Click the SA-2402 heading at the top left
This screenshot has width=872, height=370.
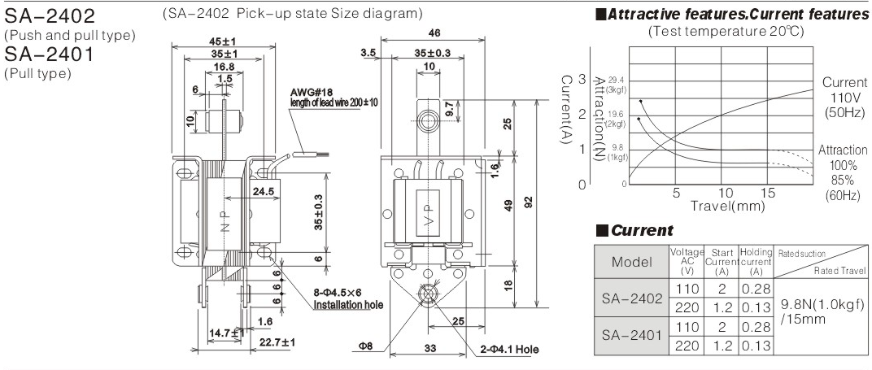click(x=50, y=16)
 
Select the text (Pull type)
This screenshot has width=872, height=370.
click(x=38, y=74)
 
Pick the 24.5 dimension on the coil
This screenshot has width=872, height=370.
click(x=264, y=193)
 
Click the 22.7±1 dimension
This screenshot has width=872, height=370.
click(x=277, y=341)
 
